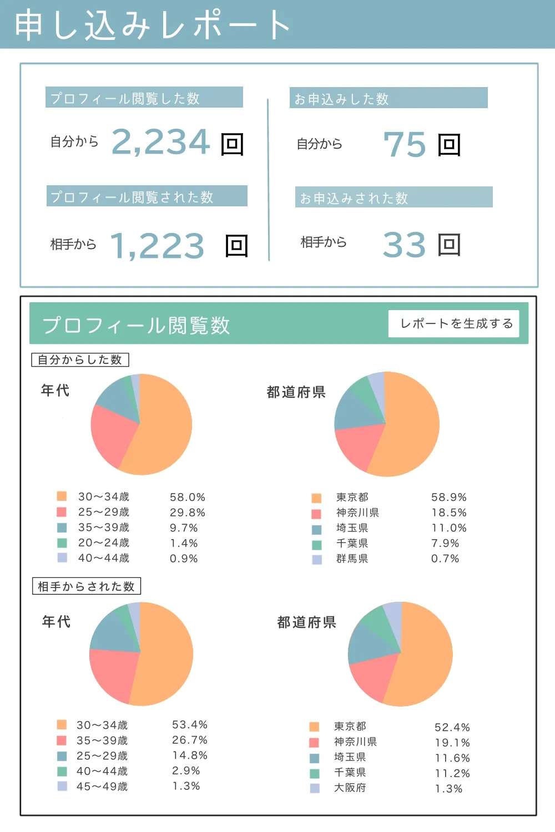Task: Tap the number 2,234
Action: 161,142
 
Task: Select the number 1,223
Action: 158,246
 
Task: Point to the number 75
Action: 405,145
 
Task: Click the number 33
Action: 404,245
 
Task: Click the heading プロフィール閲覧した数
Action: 125,98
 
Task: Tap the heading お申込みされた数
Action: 354,198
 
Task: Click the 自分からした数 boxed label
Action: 80,360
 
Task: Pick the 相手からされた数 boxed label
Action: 86,586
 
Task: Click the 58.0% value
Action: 188,498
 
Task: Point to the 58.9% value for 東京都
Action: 449,498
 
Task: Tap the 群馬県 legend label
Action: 352,559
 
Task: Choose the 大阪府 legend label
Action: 350,788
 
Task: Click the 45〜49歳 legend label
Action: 102,787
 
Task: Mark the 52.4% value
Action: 452,727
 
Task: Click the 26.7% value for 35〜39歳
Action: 190,740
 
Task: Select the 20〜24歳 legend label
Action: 104,542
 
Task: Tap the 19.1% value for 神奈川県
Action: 452,743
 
